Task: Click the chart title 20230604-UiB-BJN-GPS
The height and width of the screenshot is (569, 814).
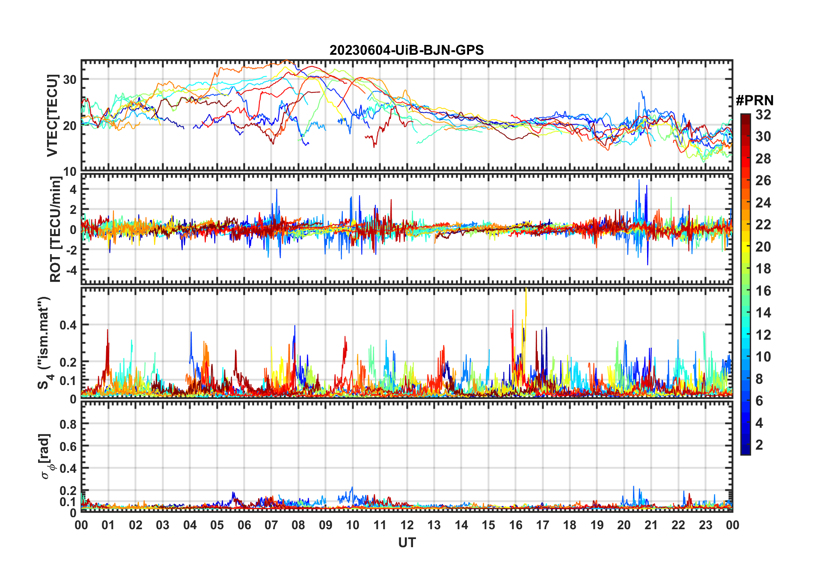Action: click(407, 50)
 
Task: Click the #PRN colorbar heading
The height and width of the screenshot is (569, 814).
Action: click(755, 101)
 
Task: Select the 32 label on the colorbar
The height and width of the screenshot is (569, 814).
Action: click(763, 115)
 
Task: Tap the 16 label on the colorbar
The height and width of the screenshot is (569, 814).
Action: click(763, 291)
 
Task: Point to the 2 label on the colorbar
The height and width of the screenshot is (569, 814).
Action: click(759, 445)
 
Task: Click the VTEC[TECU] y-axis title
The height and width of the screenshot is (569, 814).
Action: click(52, 116)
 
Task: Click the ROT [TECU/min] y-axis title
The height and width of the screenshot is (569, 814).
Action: click(55, 229)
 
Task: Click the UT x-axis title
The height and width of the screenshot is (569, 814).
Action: click(407, 542)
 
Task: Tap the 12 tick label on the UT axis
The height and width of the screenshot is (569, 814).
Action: click(407, 525)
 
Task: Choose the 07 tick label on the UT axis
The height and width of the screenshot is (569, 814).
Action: click(271, 525)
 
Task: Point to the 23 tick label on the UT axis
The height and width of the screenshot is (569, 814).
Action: click(705, 525)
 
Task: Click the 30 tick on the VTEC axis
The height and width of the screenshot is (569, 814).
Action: click(70, 80)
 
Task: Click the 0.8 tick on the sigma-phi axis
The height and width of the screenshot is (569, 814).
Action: click(68, 424)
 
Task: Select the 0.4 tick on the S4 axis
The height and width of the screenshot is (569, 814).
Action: click(68, 325)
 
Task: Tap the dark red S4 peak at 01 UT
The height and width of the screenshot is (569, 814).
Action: click(107, 332)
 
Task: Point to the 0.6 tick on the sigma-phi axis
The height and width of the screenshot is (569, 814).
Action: click(68, 446)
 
